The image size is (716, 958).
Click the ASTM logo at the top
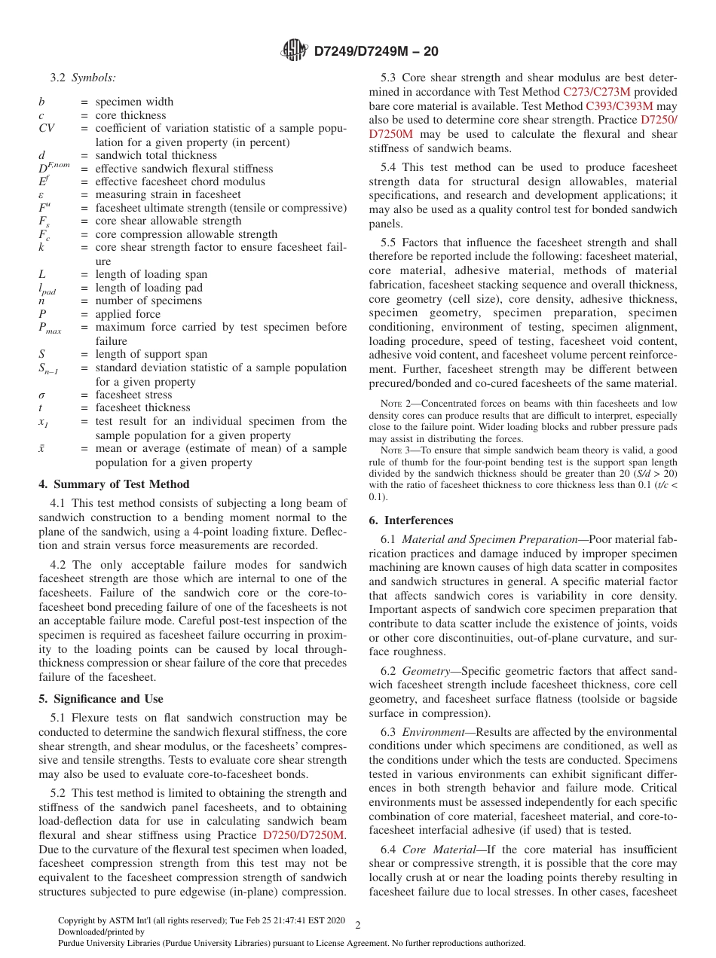click(294, 50)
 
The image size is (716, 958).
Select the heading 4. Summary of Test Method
click(114, 484)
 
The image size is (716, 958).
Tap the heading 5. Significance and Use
click(100, 699)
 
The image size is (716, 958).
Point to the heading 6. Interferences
click(411, 520)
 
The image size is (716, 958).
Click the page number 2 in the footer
click(358, 926)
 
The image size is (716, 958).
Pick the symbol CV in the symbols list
click(46, 129)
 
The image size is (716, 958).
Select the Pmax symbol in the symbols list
click(50, 328)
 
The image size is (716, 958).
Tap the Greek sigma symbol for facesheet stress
click(42, 395)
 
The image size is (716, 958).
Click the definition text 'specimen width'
click(134, 102)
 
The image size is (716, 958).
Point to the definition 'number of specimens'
click(148, 301)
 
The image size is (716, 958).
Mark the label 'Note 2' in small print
click(393, 404)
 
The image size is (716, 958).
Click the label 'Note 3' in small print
click(393, 450)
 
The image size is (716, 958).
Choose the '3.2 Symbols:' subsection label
click(83, 77)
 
